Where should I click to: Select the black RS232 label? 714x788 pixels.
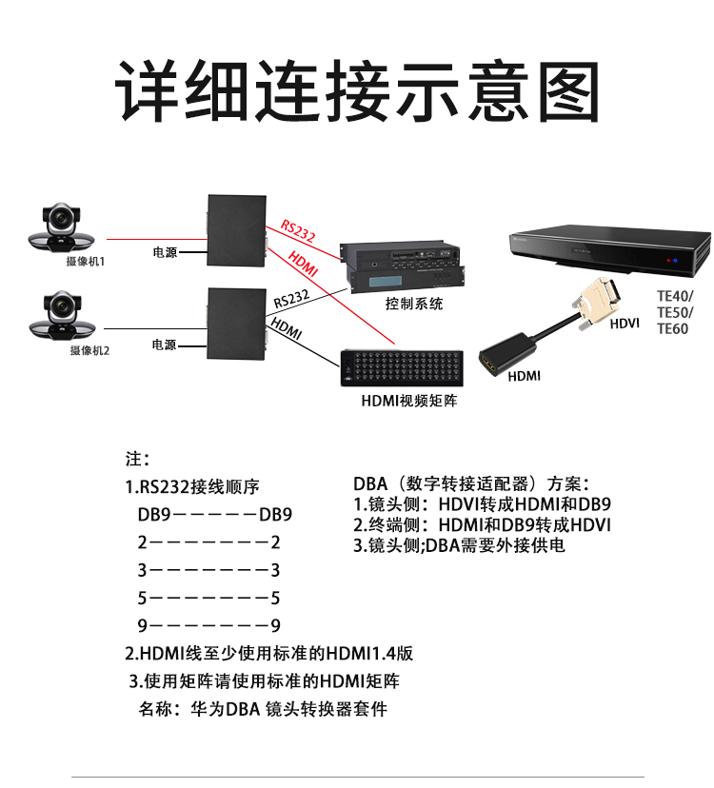(292, 299)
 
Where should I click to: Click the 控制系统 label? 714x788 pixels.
(414, 305)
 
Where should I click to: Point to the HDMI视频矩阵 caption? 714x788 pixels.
(409, 401)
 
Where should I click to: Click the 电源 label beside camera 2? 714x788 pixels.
(164, 345)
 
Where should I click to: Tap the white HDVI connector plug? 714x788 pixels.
(604, 300)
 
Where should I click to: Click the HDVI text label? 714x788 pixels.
(624, 325)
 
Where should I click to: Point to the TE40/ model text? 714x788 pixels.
(675, 295)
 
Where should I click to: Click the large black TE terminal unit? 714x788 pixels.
(609, 252)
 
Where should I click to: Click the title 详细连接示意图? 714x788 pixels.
(357, 89)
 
